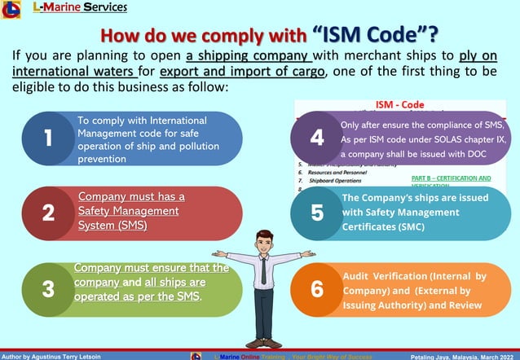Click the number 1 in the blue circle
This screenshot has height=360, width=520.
48,139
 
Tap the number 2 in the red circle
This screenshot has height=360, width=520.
48,213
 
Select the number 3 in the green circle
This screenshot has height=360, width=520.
48,288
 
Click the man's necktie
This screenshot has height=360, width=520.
263,270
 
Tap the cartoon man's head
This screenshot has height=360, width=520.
262,241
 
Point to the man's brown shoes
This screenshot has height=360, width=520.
262,343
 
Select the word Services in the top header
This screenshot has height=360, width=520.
99,8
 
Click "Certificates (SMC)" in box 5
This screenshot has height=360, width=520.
383,227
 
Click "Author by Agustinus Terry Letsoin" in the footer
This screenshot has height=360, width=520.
51,356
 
